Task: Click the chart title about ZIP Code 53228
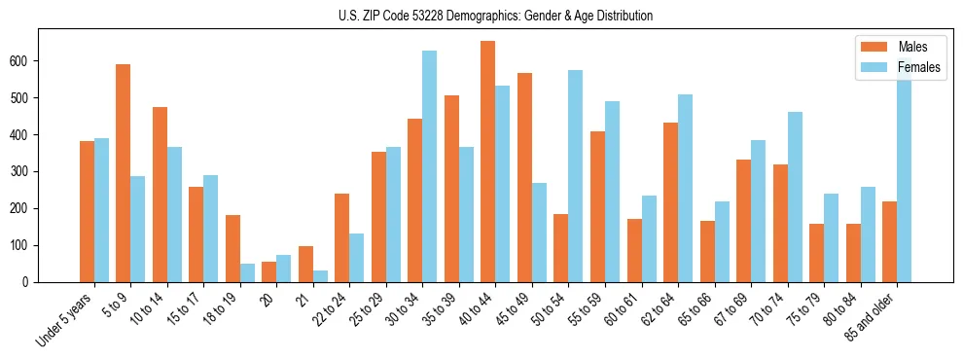click(x=481, y=16)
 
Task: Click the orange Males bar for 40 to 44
click(x=487, y=162)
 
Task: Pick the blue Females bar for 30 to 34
click(x=429, y=166)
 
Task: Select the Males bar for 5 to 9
click(x=123, y=173)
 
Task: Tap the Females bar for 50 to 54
click(x=575, y=176)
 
